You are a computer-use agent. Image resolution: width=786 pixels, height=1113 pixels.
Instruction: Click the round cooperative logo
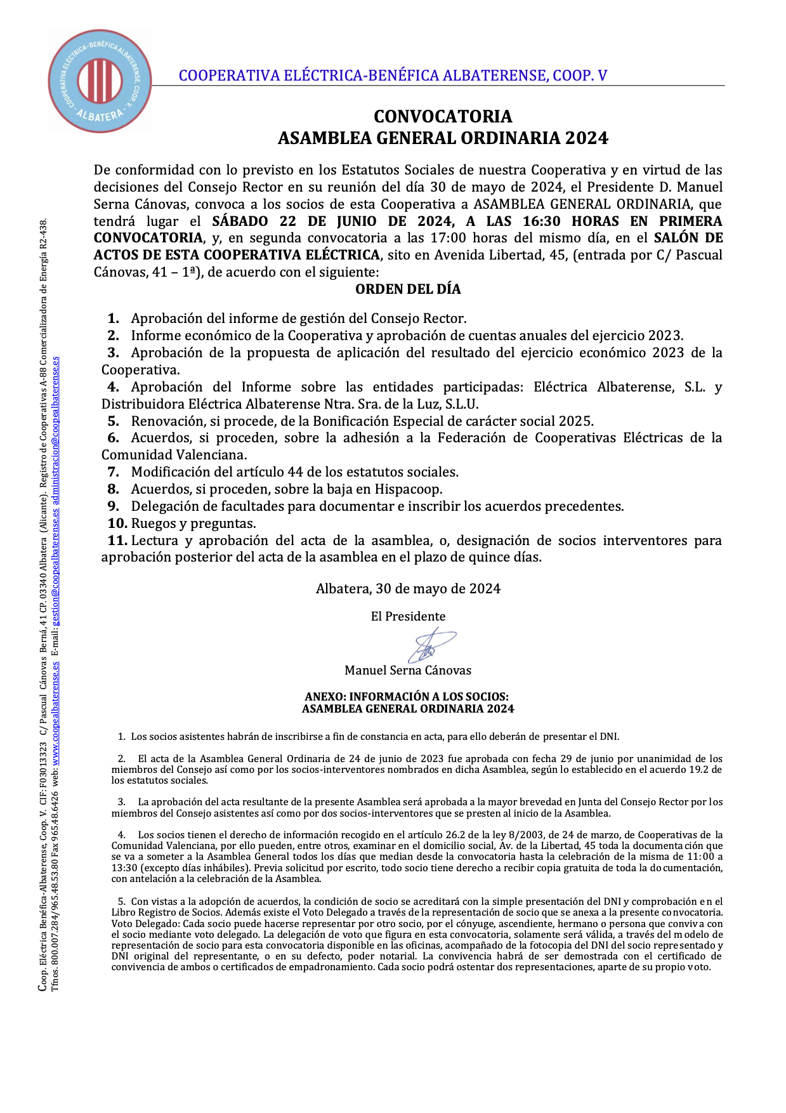tap(100, 81)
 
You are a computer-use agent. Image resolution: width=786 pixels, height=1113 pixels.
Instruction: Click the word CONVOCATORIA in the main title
tap(443, 117)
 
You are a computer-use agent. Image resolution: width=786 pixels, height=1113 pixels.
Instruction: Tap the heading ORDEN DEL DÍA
tap(408, 289)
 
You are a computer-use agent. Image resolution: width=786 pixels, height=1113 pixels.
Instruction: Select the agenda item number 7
tap(114, 472)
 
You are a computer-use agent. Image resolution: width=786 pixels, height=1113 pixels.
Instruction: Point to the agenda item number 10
tap(117, 524)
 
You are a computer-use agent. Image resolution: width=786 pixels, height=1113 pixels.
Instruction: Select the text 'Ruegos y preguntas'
tap(193, 524)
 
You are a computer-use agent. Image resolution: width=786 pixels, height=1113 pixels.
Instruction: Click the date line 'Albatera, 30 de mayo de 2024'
tap(408, 589)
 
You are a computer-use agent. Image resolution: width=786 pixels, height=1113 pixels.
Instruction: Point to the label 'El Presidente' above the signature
tap(408, 617)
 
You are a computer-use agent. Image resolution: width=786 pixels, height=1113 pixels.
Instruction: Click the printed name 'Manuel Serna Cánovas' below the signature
tap(408, 671)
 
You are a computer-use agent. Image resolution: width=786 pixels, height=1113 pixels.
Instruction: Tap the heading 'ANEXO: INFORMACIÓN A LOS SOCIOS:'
tap(407, 697)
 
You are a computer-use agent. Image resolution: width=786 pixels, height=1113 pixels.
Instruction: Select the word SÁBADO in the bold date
tap(240, 221)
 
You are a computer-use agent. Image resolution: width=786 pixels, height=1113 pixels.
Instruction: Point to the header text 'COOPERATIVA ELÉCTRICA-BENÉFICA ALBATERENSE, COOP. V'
tap(393, 76)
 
